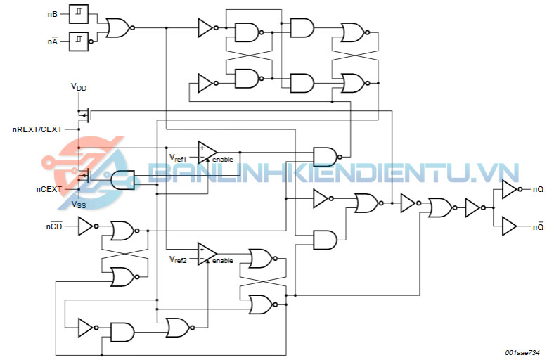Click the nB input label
click(53, 13)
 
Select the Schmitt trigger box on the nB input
click(78, 13)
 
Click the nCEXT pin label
click(49, 189)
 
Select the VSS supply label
click(79, 205)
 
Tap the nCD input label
click(54, 226)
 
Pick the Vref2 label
click(178, 259)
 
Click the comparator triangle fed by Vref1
click(207, 152)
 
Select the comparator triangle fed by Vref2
click(207, 254)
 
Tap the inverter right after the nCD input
click(86, 226)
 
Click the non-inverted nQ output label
click(538, 189)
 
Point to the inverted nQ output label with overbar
click(538, 226)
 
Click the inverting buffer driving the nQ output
click(510, 189)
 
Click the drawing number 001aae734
click(520, 352)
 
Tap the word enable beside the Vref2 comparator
click(222, 261)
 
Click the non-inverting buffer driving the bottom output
click(509, 226)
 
